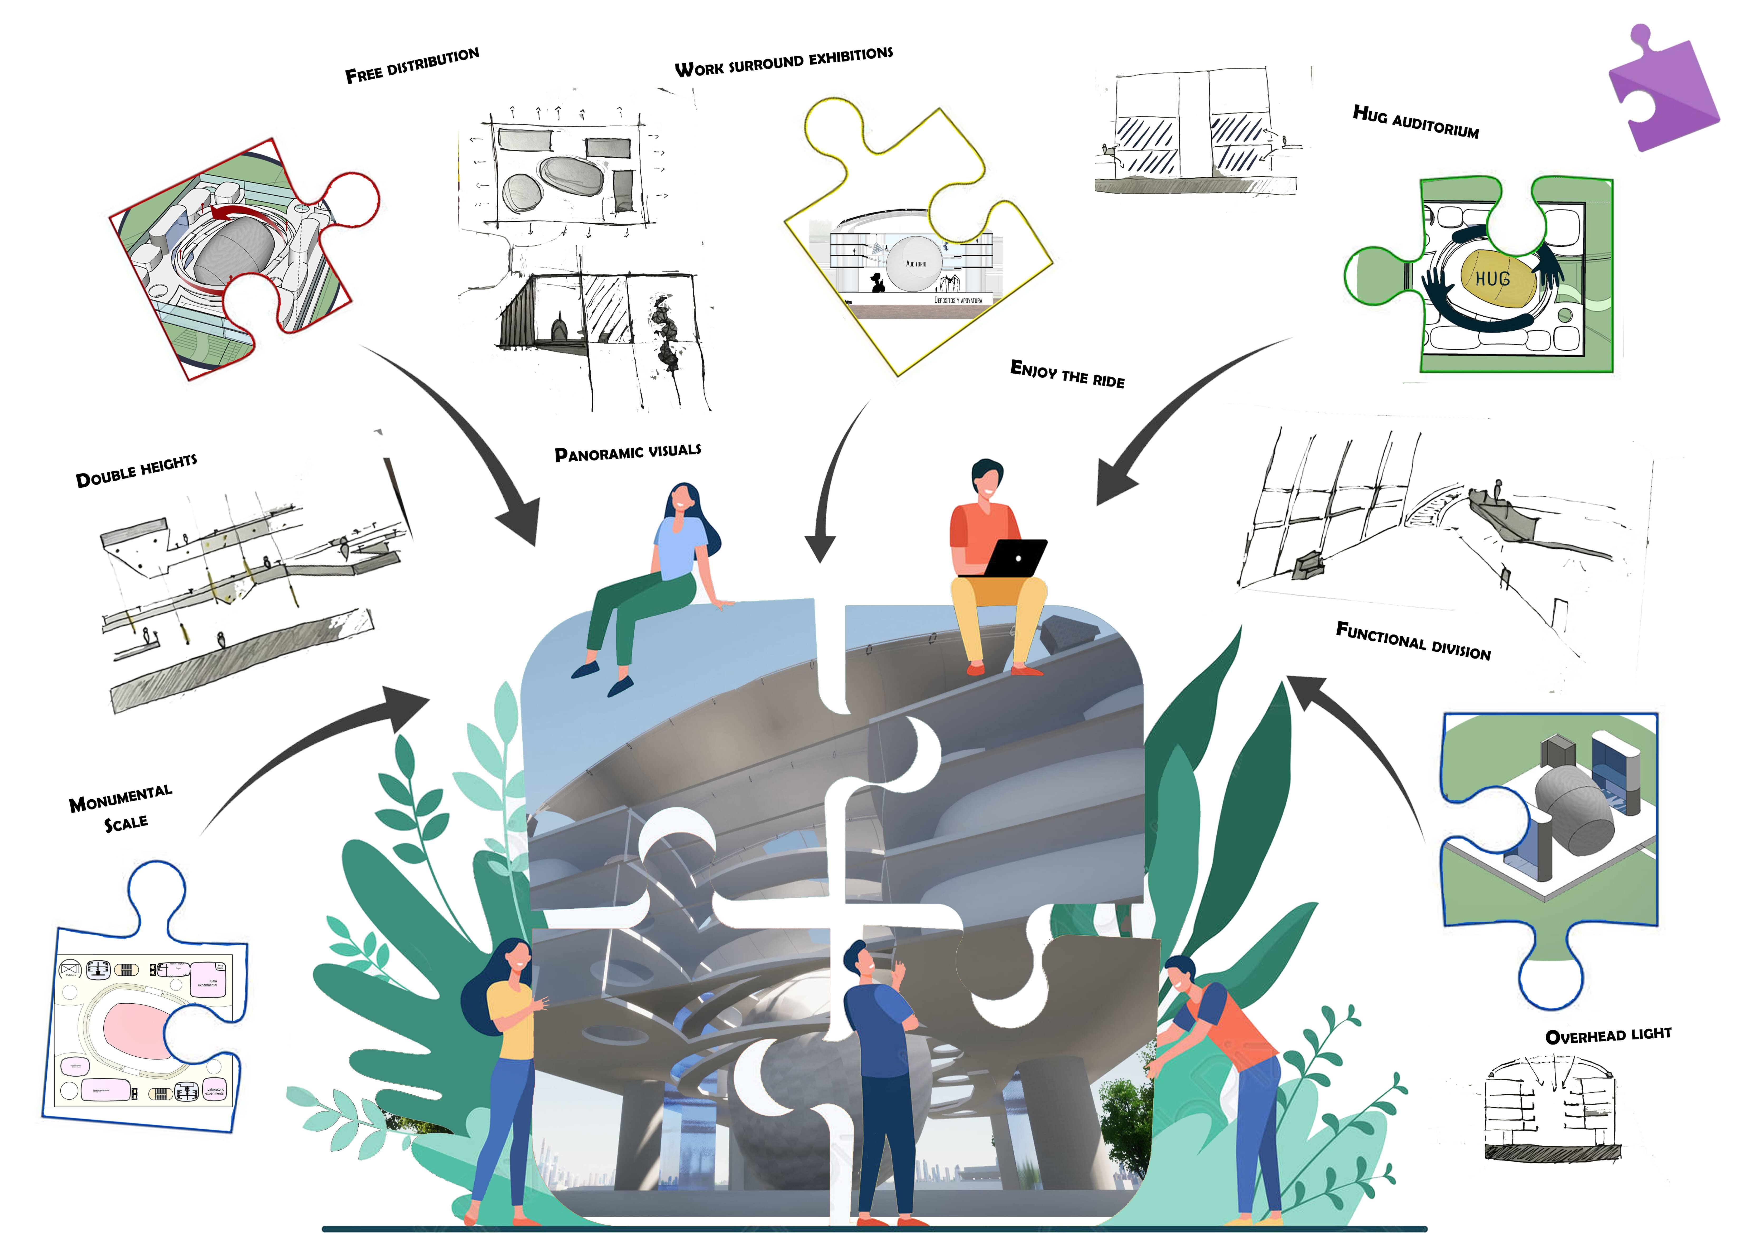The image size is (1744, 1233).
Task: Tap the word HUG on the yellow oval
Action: pyautogui.click(x=1493, y=279)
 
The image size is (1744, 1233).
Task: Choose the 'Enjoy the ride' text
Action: pyautogui.click(x=1067, y=374)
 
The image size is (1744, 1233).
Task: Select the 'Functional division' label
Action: pyautogui.click(x=1413, y=642)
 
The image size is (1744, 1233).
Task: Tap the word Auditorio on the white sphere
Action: pyautogui.click(x=916, y=263)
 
